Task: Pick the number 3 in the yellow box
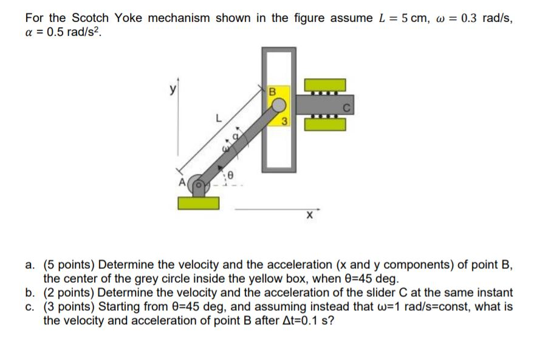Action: click(x=284, y=121)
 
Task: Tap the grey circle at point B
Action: click(x=278, y=105)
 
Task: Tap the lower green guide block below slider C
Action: click(x=325, y=124)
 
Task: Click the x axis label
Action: click(x=310, y=215)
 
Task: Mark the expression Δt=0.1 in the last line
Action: click(x=298, y=320)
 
